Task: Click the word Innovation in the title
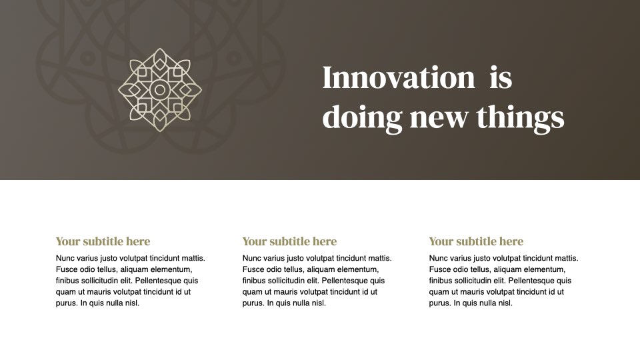399,77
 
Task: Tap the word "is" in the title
501,77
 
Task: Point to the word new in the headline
439,119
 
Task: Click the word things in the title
521,117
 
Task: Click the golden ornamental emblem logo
160,90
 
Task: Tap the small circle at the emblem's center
160,90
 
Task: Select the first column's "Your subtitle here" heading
103,241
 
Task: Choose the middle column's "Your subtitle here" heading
289,241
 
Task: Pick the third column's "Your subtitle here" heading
476,241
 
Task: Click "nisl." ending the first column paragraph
132,303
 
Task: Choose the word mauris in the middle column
286,292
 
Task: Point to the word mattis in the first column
193,258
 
